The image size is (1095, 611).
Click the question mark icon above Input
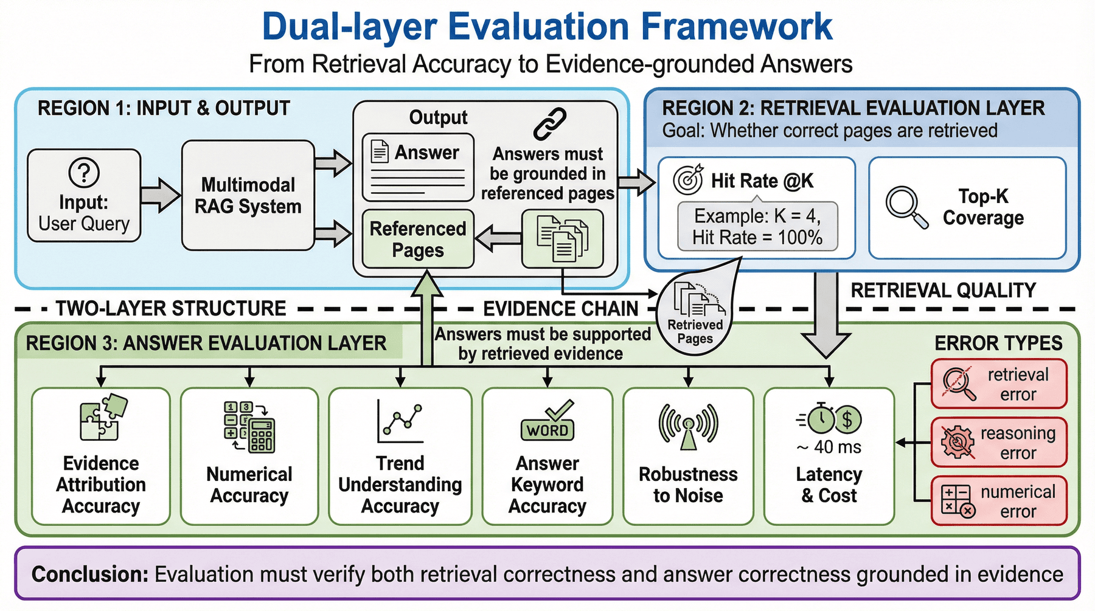point(84,173)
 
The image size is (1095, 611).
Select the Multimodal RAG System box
point(248,195)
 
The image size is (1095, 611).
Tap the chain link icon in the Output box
point(549,123)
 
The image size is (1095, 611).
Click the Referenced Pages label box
point(418,239)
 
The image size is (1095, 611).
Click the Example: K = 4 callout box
point(757,226)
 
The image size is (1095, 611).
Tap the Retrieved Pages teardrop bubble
point(696,313)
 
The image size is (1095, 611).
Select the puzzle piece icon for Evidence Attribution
point(103,418)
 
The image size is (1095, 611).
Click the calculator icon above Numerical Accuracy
point(249,426)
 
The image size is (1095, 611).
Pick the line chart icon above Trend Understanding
point(399,421)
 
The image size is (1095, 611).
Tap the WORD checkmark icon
point(547,420)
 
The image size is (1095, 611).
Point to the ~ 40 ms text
point(829,447)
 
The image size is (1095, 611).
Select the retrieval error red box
point(999,384)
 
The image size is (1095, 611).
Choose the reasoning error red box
point(999,442)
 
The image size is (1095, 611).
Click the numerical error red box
point(999,500)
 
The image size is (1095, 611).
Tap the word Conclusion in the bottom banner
point(90,574)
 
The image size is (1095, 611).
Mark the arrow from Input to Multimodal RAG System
point(161,195)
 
